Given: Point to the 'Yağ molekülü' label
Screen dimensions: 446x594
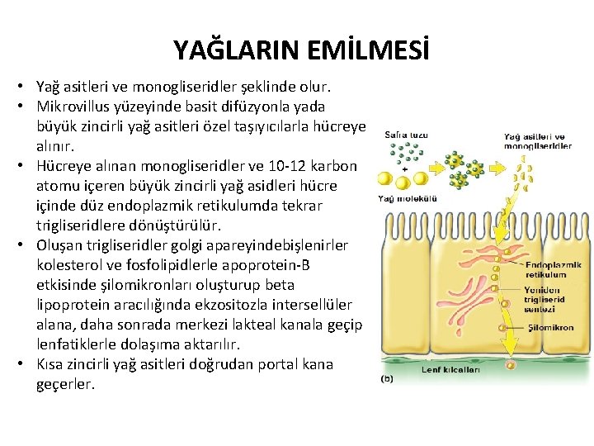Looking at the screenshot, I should click(408, 198).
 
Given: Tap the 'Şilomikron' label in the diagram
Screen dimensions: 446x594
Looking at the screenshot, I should click(551, 328).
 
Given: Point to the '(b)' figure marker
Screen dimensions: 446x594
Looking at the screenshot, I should click(386, 379).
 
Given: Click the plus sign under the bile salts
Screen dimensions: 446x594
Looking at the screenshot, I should click(403, 168).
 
